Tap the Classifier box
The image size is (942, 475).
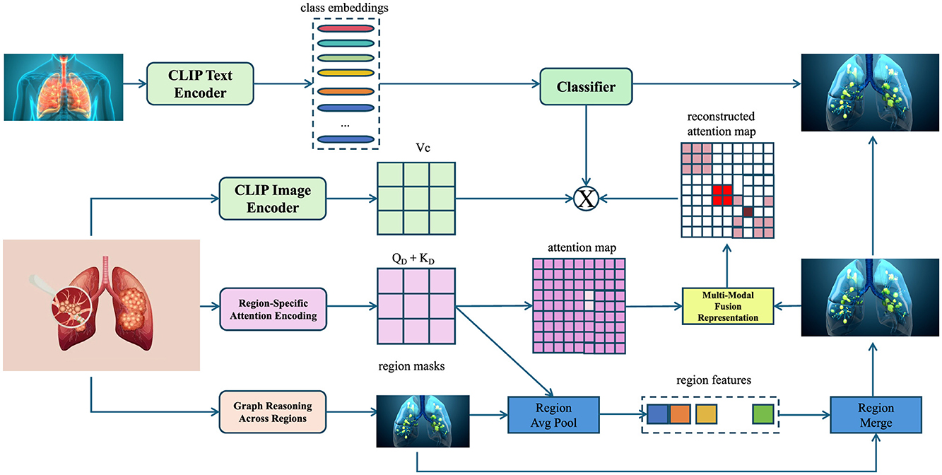pyautogui.click(x=587, y=88)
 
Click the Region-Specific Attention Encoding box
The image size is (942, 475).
pyautogui.click(x=273, y=308)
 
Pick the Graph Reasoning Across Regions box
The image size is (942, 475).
pyautogui.click(x=273, y=411)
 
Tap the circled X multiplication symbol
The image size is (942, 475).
pyautogui.click(x=585, y=199)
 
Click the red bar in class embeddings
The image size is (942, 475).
pyautogui.click(x=346, y=29)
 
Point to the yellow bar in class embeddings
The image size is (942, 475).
pyautogui.click(x=346, y=73)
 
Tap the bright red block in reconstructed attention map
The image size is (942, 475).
pyautogui.click(x=722, y=195)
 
